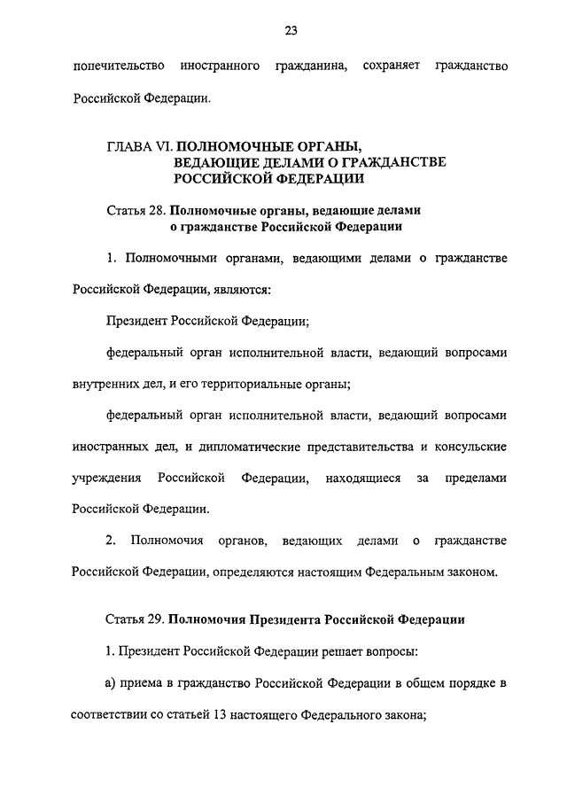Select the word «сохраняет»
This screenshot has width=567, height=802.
pos(390,66)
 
